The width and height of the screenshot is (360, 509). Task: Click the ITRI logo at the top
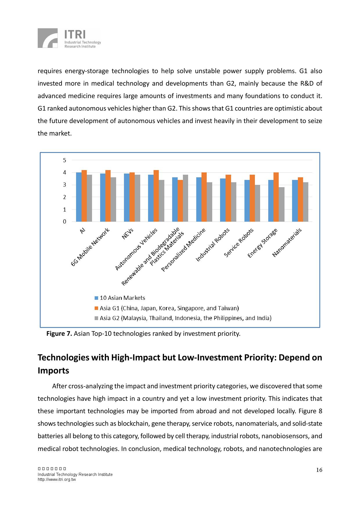pyautogui.click(x=69, y=38)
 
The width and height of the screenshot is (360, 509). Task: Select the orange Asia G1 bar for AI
pyautogui.click(x=84, y=196)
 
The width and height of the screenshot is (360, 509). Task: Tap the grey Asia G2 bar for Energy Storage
pyautogui.click(x=281, y=204)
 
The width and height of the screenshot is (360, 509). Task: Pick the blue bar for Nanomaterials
pyautogui.click(x=295, y=201)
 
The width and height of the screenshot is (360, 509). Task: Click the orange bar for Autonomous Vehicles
pyautogui.click(x=156, y=196)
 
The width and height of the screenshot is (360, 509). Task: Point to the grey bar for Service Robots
pyautogui.click(x=258, y=203)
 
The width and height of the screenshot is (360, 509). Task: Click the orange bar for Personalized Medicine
pyautogui.click(x=204, y=197)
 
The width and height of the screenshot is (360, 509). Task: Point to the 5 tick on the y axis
pyautogui.click(x=64, y=160)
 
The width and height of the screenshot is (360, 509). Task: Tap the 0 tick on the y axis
pyautogui.click(x=64, y=222)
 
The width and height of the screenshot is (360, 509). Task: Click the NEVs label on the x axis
pyautogui.click(x=128, y=234)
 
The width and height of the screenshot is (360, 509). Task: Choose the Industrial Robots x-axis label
pyautogui.click(x=213, y=245)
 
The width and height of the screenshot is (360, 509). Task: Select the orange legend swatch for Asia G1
pyautogui.click(x=96, y=308)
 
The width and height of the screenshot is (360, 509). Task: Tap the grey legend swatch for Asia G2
pyautogui.click(x=96, y=318)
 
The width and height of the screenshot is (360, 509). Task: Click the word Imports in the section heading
pyautogui.click(x=53, y=371)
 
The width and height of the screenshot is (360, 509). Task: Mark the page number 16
pyautogui.click(x=319, y=470)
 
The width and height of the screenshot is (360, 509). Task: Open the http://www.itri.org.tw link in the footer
pyautogui.click(x=57, y=480)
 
